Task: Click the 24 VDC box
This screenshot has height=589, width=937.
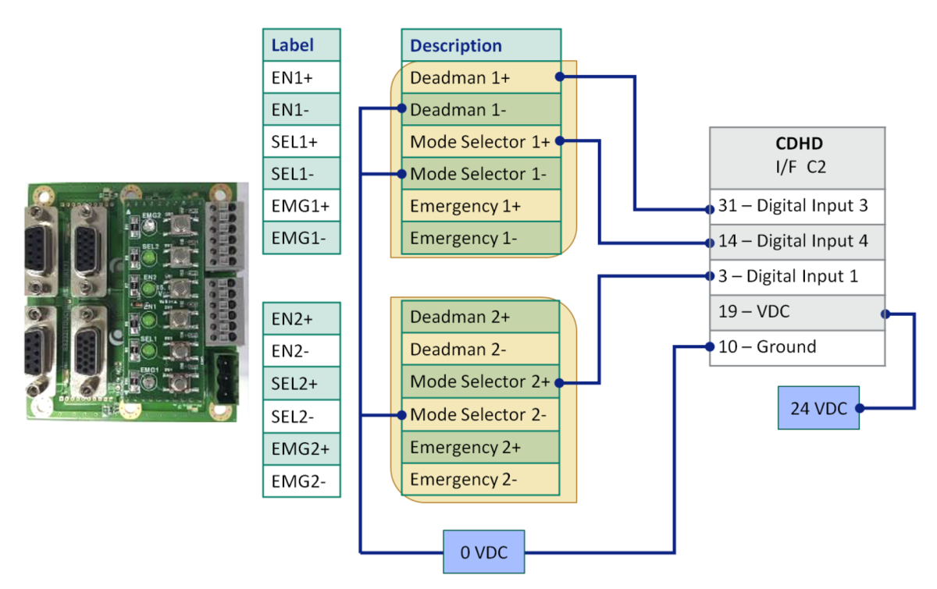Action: pyautogui.click(x=818, y=408)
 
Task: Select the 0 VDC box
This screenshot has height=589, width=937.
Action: pyautogui.click(x=484, y=552)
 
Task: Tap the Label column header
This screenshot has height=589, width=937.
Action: pyautogui.click(x=301, y=45)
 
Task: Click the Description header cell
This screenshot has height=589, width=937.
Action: pyautogui.click(x=481, y=45)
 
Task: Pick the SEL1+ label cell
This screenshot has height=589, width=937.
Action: pyautogui.click(x=301, y=142)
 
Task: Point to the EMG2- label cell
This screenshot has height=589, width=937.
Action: pyautogui.click(x=301, y=480)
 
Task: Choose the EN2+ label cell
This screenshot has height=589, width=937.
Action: pyautogui.click(x=301, y=318)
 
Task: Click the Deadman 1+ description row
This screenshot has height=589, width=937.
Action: pyautogui.click(x=481, y=78)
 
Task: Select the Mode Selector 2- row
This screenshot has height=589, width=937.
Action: pyautogui.click(x=481, y=414)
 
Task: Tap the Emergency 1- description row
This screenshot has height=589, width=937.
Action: pyautogui.click(x=481, y=238)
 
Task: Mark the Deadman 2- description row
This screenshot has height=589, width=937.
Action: pyautogui.click(x=481, y=349)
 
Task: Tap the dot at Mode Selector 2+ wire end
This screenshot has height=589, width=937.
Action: pyautogui.click(x=561, y=382)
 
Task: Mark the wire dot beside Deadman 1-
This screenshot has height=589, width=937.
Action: pyautogui.click(x=401, y=108)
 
